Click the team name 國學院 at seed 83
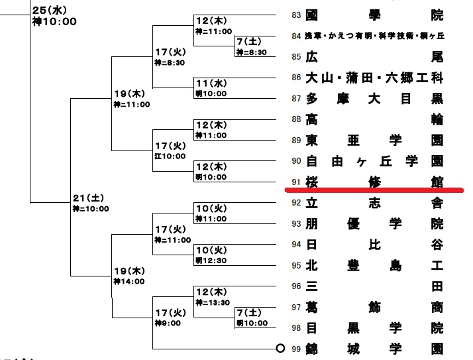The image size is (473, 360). point(374,15)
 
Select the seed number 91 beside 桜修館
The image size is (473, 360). point(296,181)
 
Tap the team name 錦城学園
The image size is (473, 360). point(374,348)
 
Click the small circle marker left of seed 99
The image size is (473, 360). point(280,348)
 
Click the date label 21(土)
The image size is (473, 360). point(87,198)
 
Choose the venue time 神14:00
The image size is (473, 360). point(130,281)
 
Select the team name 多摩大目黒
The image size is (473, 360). point(374,99)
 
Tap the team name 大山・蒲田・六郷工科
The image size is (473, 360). point(374,78)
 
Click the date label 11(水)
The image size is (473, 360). point(211,83)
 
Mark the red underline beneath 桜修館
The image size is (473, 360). point(374,190)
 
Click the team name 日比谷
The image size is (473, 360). point(374,245)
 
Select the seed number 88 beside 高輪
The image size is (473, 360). point(296,119)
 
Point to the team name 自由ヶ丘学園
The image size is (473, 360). point(374,160)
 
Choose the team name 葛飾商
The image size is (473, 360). point(374,307)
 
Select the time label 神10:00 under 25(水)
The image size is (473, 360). point(54,22)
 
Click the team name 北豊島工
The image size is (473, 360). point(374,266)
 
